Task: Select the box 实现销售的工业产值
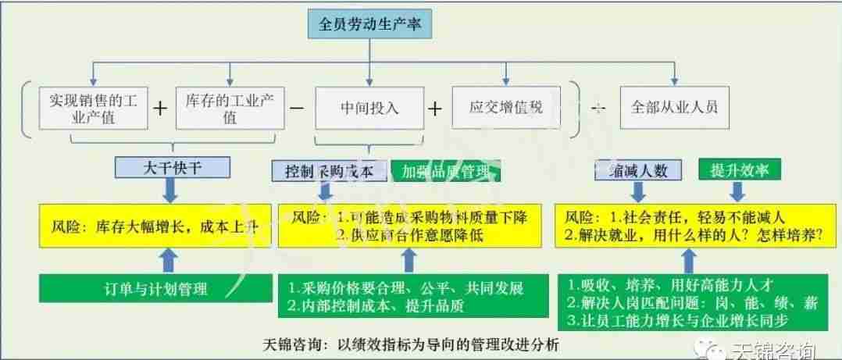(93, 109)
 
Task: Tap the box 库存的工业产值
(230, 109)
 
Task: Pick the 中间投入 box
(369, 109)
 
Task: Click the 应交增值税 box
(507, 107)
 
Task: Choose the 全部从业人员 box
(669, 109)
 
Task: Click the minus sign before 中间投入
(298, 109)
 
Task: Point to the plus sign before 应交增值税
(436, 109)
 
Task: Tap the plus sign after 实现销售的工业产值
(160, 109)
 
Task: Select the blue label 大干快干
(173, 166)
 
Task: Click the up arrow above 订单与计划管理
(167, 258)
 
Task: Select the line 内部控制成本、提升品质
(375, 307)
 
